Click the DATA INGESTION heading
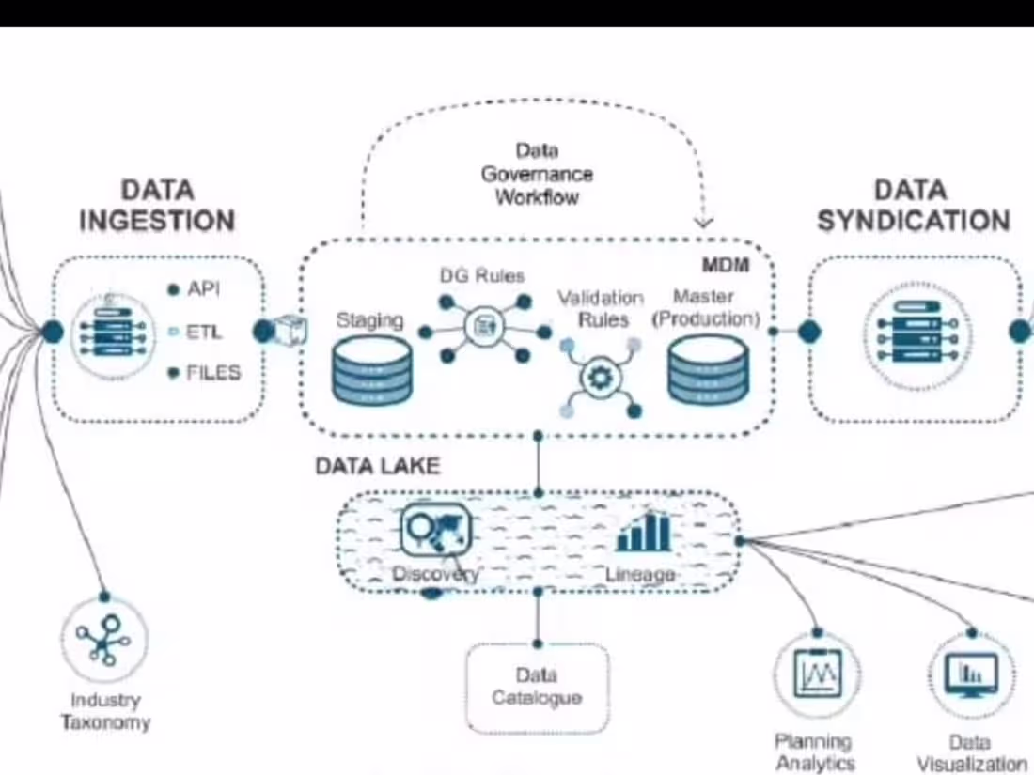coord(157,206)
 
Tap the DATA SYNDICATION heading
coord(913,206)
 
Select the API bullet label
coord(203,289)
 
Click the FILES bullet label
coord(212,373)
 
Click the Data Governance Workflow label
coord(537,174)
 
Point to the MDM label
coord(726,266)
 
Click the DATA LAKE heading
coord(377,466)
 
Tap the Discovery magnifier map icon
coord(435,530)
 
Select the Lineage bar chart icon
coord(644,532)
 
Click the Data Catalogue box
coord(537,688)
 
